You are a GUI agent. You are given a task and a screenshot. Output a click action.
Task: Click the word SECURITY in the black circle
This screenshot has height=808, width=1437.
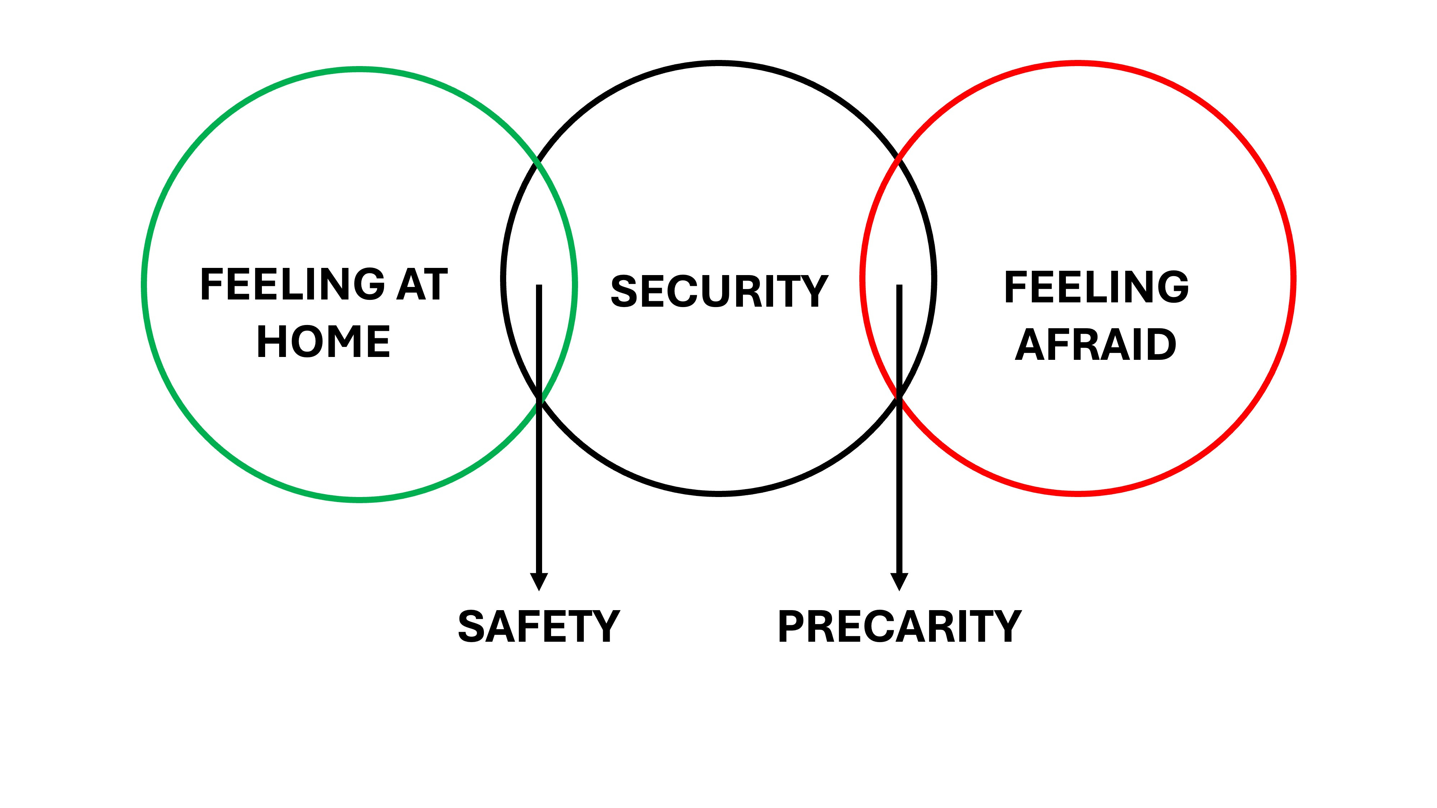click(719, 291)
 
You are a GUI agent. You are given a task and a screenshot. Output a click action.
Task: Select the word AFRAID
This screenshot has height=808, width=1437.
click(1096, 345)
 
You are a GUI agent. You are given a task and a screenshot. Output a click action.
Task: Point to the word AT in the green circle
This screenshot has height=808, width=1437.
click(422, 284)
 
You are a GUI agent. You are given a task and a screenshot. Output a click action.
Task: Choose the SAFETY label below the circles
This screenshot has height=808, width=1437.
click(538, 626)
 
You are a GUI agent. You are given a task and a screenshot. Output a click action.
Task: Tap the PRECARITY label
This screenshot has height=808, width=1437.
click(899, 626)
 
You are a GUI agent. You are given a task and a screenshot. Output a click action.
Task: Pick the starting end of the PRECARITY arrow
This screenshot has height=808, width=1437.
click(899, 287)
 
